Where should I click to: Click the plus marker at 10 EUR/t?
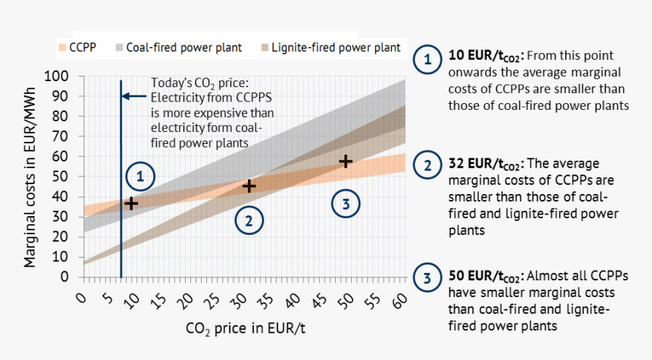[131, 203]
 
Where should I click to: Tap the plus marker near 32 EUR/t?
[249, 186]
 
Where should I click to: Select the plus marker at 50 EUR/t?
[345, 161]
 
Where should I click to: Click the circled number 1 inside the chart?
[140, 177]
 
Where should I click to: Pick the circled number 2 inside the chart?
[249, 221]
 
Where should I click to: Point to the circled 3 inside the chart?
[345, 203]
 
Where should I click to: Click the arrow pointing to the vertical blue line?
[134, 96]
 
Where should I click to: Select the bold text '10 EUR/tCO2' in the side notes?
[485, 57]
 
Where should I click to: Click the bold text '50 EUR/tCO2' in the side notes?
[485, 277]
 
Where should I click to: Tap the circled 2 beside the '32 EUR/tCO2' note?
[428, 165]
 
